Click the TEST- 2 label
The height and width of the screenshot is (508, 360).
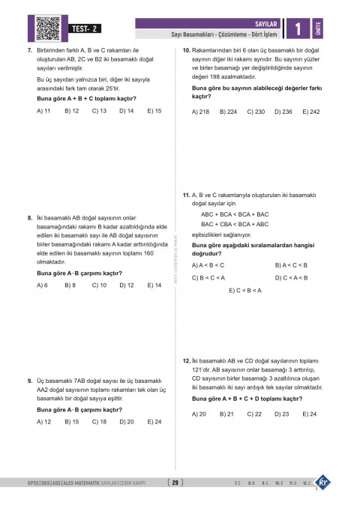(86, 28)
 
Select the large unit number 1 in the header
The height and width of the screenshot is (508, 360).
(298, 29)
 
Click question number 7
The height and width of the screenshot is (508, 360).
(28, 50)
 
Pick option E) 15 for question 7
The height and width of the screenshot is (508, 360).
(154, 111)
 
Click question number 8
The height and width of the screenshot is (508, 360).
(28, 218)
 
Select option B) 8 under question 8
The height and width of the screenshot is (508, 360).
(70, 285)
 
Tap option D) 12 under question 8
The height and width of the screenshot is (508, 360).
(126, 285)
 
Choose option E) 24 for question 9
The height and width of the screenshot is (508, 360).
(154, 422)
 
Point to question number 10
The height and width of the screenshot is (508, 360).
(186, 50)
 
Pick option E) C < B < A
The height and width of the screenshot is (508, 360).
(244, 290)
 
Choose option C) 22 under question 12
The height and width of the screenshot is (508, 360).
(254, 414)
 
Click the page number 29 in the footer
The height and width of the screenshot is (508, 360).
(176, 483)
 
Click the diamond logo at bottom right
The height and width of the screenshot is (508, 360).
(323, 482)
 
